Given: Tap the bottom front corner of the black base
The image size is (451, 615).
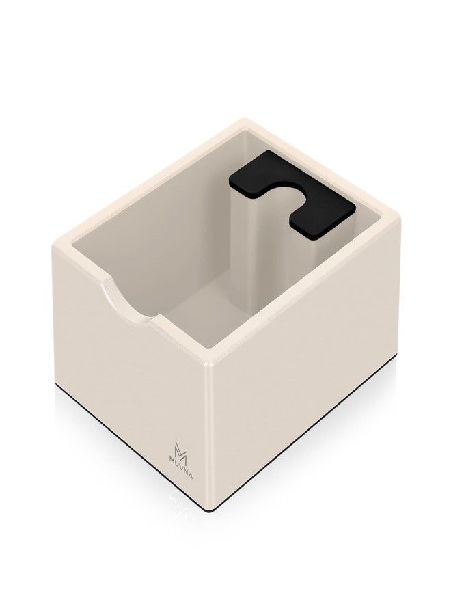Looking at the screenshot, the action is [x=214, y=510].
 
